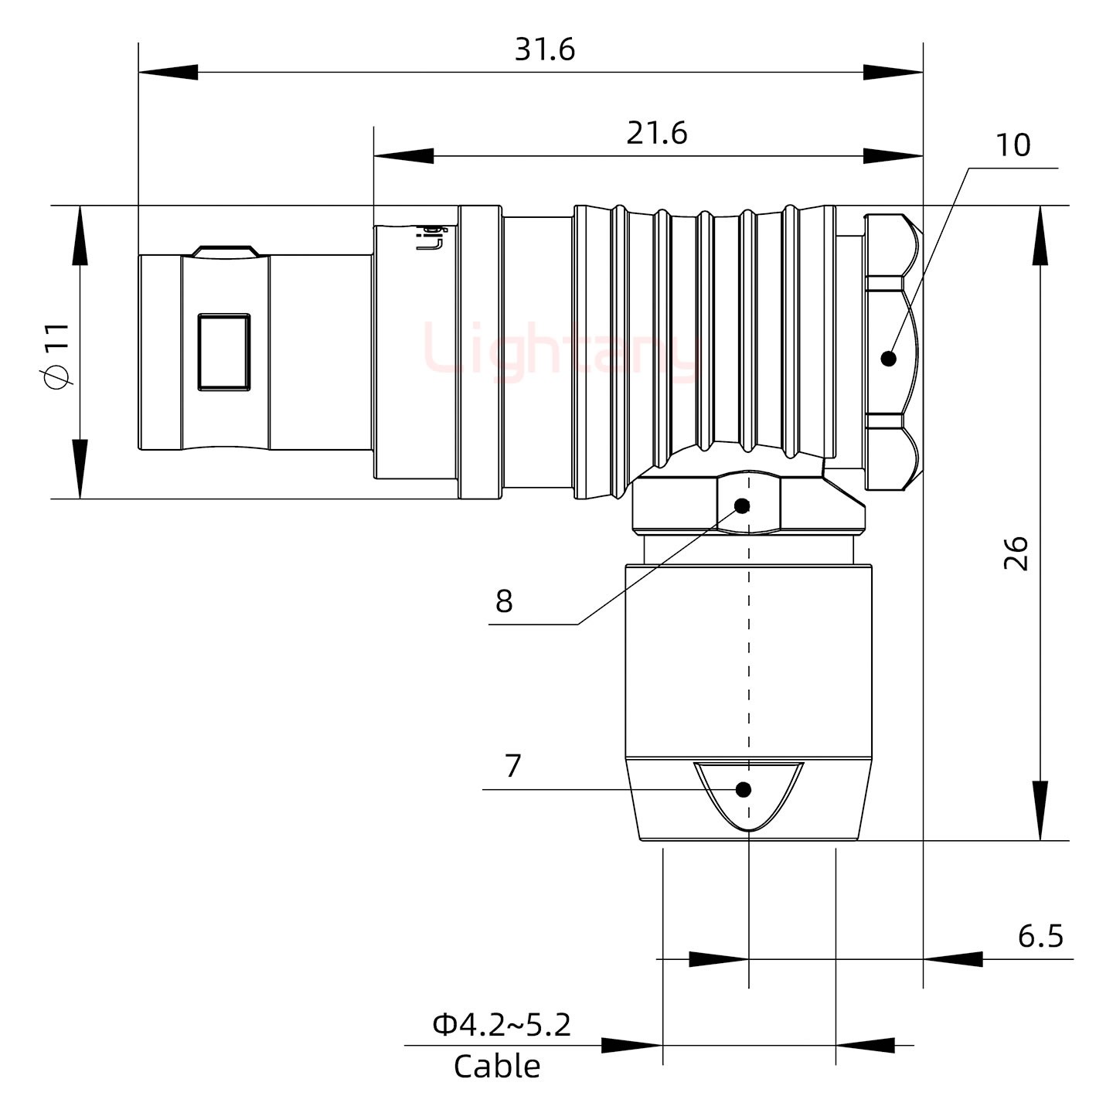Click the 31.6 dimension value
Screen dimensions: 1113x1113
pos(545,50)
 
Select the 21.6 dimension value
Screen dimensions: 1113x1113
pos(656,134)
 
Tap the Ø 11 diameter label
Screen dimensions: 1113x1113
pos(57,356)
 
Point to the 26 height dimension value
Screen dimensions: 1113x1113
pos(1016,553)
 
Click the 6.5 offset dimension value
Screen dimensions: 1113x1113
pos(1040,936)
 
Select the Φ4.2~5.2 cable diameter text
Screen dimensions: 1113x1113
pos(502,1025)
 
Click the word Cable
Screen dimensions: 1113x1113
pos(497,1067)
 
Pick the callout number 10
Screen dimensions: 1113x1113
pos(1013,145)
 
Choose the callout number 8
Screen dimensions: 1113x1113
pos(504,601)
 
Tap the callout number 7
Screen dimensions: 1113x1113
pos(513,766)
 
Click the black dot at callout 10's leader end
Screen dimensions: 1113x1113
pos(889,359)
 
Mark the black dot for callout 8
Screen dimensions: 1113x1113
pos(742,506)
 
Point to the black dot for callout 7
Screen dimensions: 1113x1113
pos(744,790)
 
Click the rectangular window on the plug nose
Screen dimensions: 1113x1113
pos(224,352)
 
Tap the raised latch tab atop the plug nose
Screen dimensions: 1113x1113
pos(225,251)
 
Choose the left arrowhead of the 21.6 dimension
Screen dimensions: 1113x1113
pos(403,155)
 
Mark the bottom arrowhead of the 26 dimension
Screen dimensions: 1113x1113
pos(1041,811)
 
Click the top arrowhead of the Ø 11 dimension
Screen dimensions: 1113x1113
pos(80,235)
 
